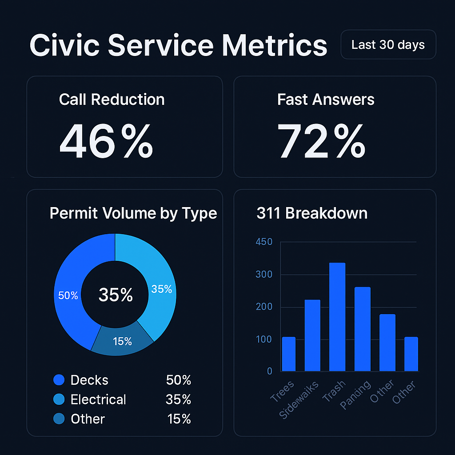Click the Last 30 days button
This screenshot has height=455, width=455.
(388, 45)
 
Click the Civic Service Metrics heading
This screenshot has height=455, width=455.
(178, 45)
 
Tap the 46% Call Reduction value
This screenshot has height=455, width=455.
(106, 141)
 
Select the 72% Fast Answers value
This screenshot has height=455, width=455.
(321, 141)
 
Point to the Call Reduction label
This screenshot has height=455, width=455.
(112, 100)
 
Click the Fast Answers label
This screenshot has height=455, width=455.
(326, 100)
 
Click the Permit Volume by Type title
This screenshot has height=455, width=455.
(133, 213)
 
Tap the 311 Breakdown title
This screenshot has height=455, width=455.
(312, 213)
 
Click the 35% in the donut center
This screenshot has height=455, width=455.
(116, 295)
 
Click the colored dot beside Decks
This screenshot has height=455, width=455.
(59, 380)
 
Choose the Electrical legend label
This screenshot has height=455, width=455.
(98, 399)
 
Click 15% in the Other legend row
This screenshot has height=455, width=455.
(179, 419)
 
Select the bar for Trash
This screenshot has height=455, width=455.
(337, 317)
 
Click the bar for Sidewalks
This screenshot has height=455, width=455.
(312, 335)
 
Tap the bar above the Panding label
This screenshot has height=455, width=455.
(362, 329)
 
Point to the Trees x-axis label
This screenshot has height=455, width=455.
(283, 391)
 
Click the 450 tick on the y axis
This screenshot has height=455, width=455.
(264, 242)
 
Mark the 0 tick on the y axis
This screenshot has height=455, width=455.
(270, 371)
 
